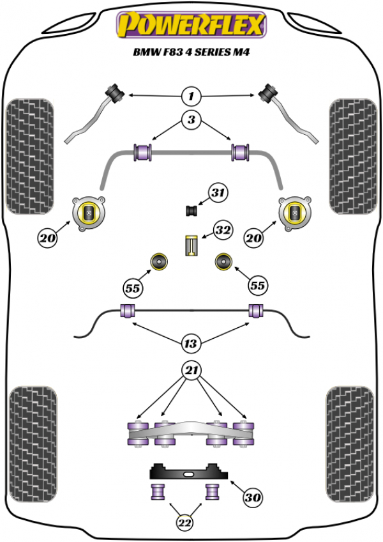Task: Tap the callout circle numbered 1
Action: click(190, 97)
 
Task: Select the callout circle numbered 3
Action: click(190, 118)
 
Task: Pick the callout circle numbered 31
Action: click(218, 193)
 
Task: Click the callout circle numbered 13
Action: click(190, 345)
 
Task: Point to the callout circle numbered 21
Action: click(190, 369)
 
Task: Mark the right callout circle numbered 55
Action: click(257, 287)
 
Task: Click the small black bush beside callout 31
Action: click(191, 209)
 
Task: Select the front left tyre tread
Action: click(29, 157)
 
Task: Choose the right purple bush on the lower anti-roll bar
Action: click(257, 311)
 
